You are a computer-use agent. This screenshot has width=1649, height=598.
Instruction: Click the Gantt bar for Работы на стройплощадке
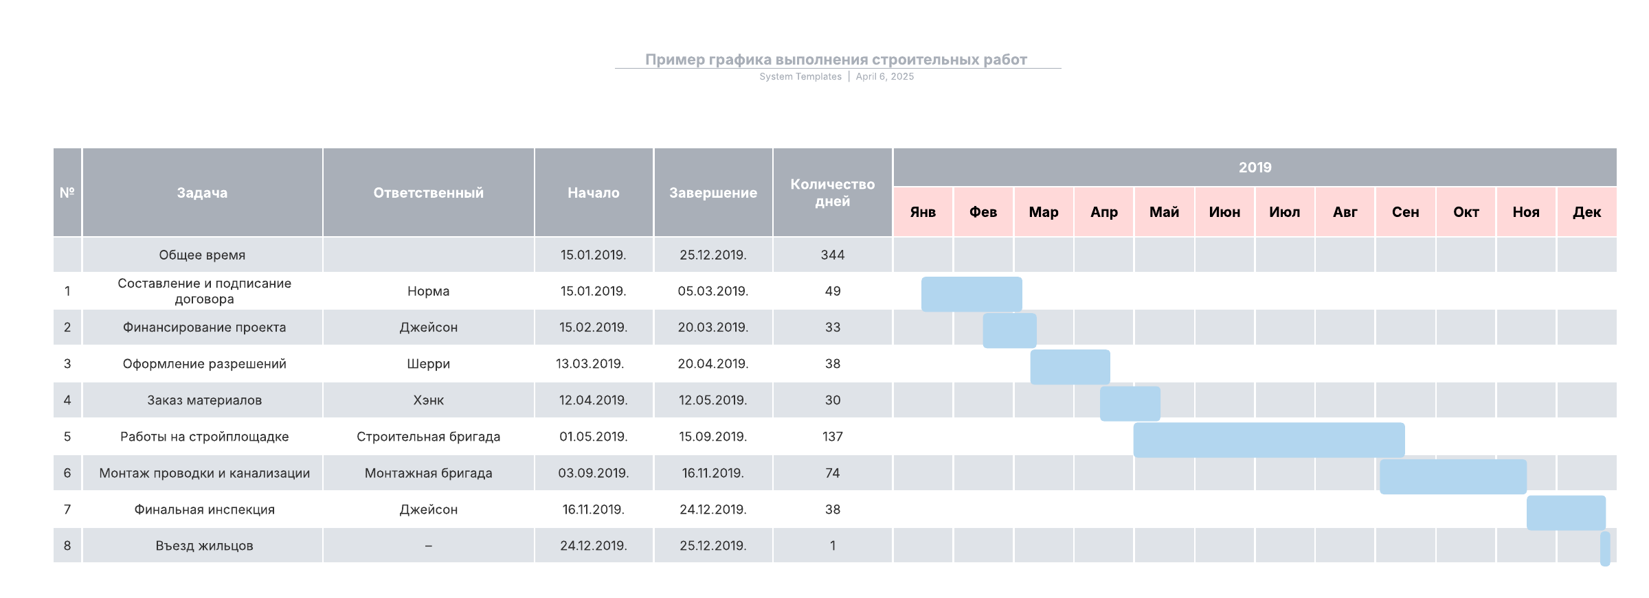coord(1268,440)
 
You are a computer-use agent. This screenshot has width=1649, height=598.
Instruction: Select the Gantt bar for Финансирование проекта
coord(1009,330)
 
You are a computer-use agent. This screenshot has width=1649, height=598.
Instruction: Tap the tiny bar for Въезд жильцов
coord(1605,549)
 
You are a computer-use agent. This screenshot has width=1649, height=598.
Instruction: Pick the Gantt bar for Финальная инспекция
coord(1566,513)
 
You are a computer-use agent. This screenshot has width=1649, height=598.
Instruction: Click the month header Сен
coord(1405,212)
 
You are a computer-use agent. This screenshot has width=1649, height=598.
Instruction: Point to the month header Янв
coord(923,212)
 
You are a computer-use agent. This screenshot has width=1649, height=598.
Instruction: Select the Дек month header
coord(1586,212)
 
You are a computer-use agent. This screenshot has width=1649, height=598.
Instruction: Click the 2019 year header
coord(1255,168)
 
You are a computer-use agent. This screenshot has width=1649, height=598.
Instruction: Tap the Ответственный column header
coord(428,193)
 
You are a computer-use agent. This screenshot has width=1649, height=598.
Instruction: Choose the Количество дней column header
coord(832,193)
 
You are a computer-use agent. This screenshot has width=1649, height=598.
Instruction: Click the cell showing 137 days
coord(832,437)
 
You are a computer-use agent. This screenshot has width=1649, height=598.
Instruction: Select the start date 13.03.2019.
coord(590,364)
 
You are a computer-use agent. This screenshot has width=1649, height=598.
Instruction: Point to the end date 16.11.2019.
coord(713,473)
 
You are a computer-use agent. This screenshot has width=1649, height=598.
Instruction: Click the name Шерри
coord(428,364)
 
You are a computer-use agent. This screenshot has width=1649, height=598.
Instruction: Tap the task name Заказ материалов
coord(204,400)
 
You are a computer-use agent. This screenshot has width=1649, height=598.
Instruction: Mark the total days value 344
coord(832,255)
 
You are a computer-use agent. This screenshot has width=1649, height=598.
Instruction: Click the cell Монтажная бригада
coord(428,473)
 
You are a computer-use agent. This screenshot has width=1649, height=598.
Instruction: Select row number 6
coord(67,473)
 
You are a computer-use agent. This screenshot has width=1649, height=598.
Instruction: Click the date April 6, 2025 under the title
coord(884,77)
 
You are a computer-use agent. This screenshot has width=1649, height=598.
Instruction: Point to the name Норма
coord(428,291)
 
